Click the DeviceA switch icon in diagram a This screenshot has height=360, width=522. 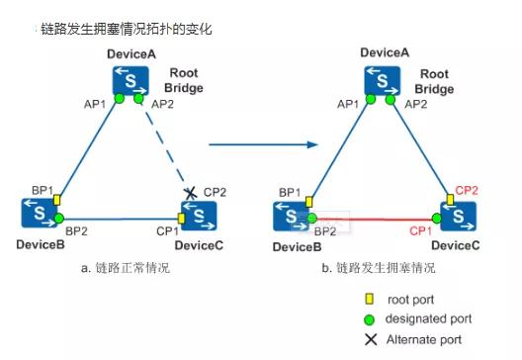[130, 80]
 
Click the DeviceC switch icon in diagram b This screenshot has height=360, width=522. [459, 217]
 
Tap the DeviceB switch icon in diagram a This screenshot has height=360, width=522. [40, 213]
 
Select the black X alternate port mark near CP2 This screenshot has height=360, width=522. [190, 193]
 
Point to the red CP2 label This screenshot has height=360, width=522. [467, 191]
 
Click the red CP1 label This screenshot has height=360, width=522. [420, 230]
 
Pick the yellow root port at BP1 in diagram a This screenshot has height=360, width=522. [57, 200]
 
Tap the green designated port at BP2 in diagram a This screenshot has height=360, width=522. [58, 219]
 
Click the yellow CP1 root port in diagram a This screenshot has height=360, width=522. [181, 219]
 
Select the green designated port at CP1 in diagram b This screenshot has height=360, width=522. [437, 219]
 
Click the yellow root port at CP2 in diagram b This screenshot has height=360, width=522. [450, 200]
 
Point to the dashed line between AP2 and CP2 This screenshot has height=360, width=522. [164, 144]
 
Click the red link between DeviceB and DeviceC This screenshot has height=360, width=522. [374, 220]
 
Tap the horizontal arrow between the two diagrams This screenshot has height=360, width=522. [263, 144]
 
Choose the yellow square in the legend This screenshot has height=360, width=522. [369, 299]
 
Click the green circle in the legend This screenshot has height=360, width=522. [369, 319]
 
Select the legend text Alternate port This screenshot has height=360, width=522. [424, 339]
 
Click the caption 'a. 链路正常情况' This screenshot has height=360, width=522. [126, 267]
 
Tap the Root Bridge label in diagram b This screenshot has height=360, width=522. [434, 81]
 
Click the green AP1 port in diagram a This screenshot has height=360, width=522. [120, 99]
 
